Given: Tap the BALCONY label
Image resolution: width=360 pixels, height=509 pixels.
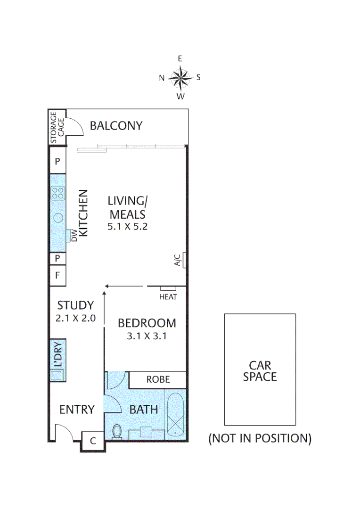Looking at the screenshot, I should pos(116,126).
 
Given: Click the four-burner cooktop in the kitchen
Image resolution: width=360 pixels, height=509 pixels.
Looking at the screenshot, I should pos(58,193).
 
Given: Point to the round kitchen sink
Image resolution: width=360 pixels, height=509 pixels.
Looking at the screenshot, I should pos(58,218).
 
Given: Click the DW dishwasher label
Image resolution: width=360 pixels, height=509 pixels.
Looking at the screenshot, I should pos(74,235).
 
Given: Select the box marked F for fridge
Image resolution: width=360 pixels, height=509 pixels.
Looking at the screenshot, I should pos(57,276).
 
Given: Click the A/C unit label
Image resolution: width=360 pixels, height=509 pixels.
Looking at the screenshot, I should pos(178,260).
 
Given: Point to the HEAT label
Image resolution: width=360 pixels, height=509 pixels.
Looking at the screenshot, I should pos(168,297).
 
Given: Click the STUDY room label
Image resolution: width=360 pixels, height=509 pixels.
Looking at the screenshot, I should pos(75,305).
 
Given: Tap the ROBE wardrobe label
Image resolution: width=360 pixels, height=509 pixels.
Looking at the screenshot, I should pos(158,379).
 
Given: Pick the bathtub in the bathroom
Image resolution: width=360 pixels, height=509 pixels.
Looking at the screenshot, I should pos(175,414).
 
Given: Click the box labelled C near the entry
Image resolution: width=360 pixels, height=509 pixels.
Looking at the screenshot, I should pos(93,442).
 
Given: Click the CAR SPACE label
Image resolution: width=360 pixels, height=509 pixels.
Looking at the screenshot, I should pos(260,371).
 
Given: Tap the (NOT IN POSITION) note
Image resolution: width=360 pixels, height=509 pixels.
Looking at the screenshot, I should pos(260,438).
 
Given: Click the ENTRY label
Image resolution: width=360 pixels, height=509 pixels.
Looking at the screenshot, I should pos(77,410).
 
